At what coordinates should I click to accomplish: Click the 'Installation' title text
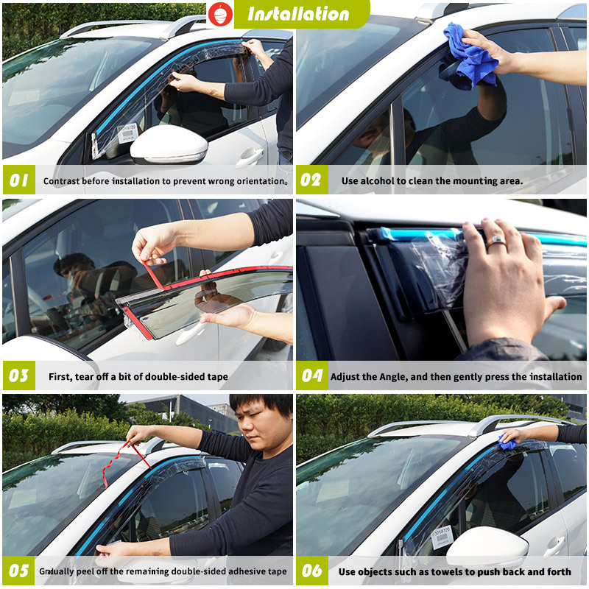(298, 14)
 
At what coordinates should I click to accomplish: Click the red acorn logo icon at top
(219, 13)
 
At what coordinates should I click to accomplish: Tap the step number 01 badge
(18, 180)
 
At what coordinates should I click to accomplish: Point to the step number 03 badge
(18, 376)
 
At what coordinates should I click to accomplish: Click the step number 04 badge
(311, 376)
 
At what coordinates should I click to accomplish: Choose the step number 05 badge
(18, 571)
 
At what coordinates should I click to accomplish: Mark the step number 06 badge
(311, 571)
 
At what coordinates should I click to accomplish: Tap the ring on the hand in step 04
(495, 240)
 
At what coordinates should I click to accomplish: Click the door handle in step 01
(250, 156)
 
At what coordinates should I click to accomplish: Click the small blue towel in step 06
(507, 442)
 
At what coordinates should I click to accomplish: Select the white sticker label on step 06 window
(442, 537)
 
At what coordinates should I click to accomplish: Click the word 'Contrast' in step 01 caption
(63, 181)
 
